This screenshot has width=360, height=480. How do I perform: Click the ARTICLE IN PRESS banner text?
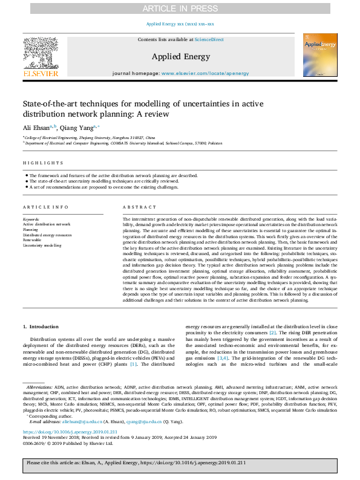180,9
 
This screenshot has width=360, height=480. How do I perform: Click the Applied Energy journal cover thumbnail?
320,55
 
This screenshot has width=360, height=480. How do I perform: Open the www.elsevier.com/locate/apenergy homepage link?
206,73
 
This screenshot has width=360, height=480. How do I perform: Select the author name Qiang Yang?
78,127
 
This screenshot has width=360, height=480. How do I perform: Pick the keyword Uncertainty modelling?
42,245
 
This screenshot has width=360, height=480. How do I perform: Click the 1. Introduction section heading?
41,327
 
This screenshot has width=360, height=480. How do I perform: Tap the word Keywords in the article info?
31,219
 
